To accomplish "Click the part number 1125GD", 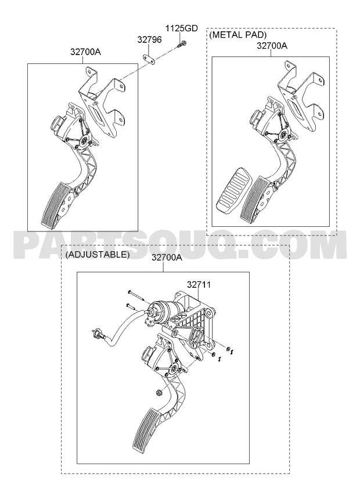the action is coord(182,28).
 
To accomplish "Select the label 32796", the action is coord(150,39).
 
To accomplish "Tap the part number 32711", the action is coord(199,284).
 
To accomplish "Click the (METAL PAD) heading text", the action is coord(238,35).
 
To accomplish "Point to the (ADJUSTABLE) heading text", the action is coord(98,255).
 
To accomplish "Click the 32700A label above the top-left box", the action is coord(85,52).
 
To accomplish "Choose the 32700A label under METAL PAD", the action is coord(272,46).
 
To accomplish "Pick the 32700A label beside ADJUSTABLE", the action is coord(167,258).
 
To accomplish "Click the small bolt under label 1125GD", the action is coord(181,44).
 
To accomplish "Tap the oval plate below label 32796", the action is coord(149,59).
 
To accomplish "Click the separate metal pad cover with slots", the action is coord(233,191).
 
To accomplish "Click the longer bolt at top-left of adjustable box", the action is coord(135,295).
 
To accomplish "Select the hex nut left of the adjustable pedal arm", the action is coord(159,392).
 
